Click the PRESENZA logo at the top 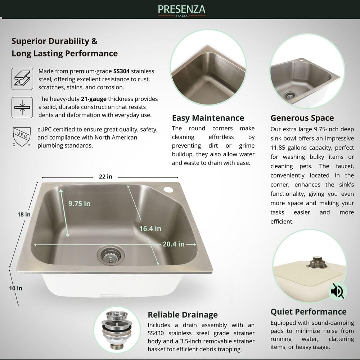coord(181,10)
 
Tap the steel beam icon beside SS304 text coord(22,79)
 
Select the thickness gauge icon coord(22,107)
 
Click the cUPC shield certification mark coord(22,137)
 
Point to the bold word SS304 coord(121,71)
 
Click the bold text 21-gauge coord(94,99)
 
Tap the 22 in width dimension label coord(105,176)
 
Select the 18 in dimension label coord(24,215)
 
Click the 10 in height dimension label coord(15,288)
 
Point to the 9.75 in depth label coord(80,204)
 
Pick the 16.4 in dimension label coord(150,229)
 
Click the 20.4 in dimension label coord(174,244)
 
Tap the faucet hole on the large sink coord(168,190)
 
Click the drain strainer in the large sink coord(111,255)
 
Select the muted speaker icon coord(337,291)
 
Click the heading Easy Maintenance coord(208,118)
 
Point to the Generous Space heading coord(302,118)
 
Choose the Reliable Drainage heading coord(183,315)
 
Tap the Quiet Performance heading coord(309,311)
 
